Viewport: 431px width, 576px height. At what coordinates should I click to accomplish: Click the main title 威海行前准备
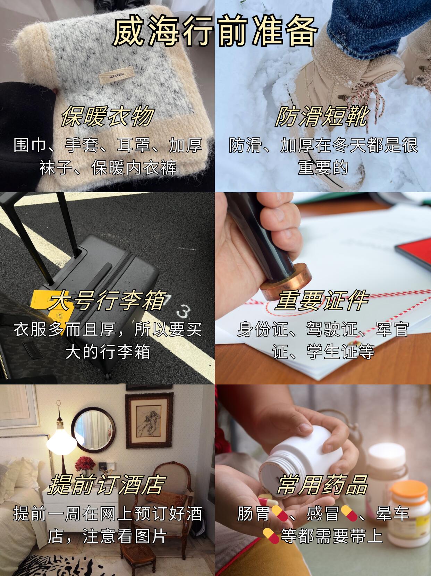pos(215,31)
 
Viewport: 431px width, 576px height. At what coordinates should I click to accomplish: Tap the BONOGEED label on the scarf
pos(117,75)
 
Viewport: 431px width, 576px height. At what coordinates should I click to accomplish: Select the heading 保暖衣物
pos(108,116)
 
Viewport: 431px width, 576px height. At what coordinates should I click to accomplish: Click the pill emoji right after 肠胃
pos(280,513)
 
